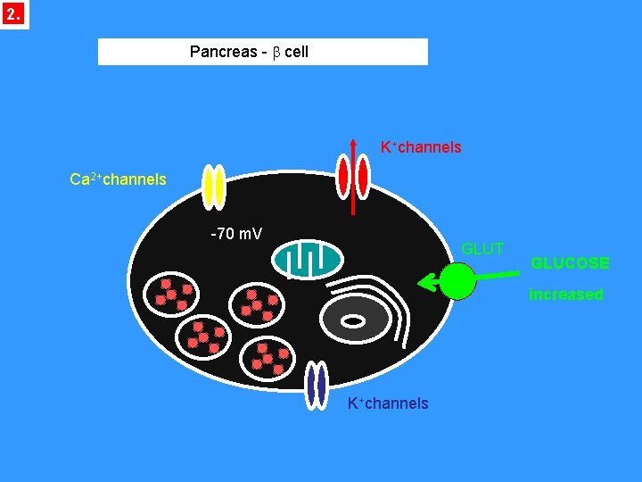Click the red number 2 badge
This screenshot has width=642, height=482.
(x=13, y=15)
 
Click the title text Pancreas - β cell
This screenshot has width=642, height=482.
(x=249, y=52)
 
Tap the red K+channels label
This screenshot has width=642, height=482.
(x=421, y=147)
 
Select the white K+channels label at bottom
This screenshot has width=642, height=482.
(x=388, y=403)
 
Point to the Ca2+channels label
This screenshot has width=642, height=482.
(x=118, y=179)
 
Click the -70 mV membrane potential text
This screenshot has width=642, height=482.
(x=235, y=235)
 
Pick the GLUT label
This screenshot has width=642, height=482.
(x=482, y=249)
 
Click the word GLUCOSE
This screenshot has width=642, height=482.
(x=570, y=263)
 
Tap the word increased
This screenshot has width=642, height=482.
(x=565, y=295)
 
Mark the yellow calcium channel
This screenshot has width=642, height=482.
(x=214, y=187)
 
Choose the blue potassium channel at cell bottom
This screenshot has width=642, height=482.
(x=316, y=385)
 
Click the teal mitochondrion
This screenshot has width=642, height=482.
(x=308, y=259)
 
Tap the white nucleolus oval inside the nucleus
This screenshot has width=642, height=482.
(x=353, y=320)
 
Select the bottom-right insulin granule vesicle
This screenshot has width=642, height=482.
(x=268, y=357)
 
